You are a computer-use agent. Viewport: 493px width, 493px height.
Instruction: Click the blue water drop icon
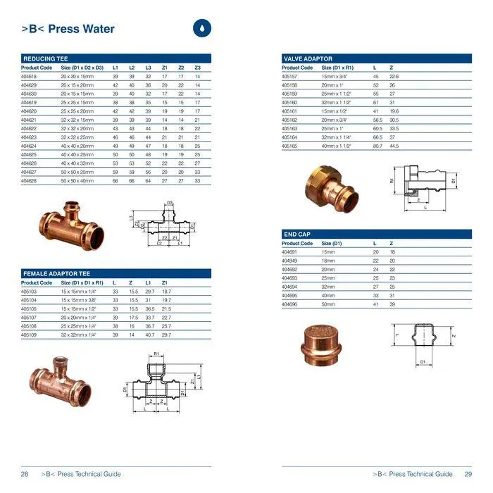click(x=201, y=28)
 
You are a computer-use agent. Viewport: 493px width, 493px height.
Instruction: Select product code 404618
click(x=29, y=76)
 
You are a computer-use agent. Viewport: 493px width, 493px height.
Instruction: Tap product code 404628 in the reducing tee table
click(x=29, y=181)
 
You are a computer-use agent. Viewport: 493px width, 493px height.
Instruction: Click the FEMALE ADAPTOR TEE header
click(x=56, y=273)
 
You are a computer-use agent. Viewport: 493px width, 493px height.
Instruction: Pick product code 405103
click(x=29, y=291)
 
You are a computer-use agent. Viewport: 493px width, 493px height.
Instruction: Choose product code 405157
click(x=289, y=76)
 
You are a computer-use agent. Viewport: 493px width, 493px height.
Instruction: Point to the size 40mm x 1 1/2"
click(x=338, y=146)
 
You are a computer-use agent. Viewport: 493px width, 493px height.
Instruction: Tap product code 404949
click(x=289, y=261)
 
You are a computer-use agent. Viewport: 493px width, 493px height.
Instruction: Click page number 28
click(x=25, y=474)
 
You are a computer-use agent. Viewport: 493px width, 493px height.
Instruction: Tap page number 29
click(x=468, y=474)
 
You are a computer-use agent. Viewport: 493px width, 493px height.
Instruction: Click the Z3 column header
click(x=198, y=68)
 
